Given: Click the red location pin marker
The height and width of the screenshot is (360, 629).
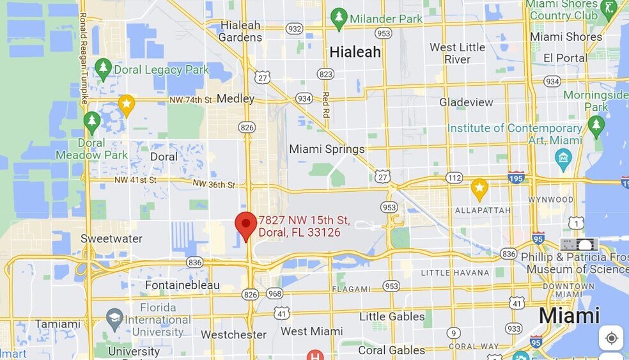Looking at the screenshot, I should pyautogui.click(x=246, y=225).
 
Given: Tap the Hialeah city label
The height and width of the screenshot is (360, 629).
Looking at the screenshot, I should pyautogui.click(x=355, y=52).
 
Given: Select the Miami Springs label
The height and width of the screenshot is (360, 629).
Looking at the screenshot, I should pyautogui.click(x=327, y=149).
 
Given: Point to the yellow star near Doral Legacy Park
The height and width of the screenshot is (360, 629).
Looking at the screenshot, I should pyautogui.click(x=127, y=104).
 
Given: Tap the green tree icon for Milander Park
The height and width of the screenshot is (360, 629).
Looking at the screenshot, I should pyautogui.click(x=339, y=19).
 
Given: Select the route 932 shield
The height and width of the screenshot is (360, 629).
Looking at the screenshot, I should pyautogui.click(x=295, y=28).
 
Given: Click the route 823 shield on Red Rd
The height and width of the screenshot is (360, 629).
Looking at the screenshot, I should pyautogui.click(x=326, y=74).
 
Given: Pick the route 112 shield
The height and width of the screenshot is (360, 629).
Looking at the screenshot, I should pyautogui.click(x=454, y=178).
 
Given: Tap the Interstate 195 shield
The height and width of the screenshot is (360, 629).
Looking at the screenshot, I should pyautogui.click(x=516, y=176).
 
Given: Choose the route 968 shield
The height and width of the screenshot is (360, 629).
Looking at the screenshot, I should pyautogui.click(x=275, y=293).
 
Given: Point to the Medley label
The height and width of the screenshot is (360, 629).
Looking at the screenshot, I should pyautogui.click(x=235, y=98).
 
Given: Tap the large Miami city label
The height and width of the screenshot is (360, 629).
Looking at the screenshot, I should pyautogui.click(x=569, y=315).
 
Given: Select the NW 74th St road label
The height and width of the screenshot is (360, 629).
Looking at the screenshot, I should pyautogui.click(x=190, y=100).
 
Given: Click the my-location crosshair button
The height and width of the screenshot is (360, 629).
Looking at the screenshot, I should pyautogui.click(x=611, y=338).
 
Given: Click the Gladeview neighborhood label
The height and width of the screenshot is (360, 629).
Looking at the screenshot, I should pyautogui.click(x=466, y=102).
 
